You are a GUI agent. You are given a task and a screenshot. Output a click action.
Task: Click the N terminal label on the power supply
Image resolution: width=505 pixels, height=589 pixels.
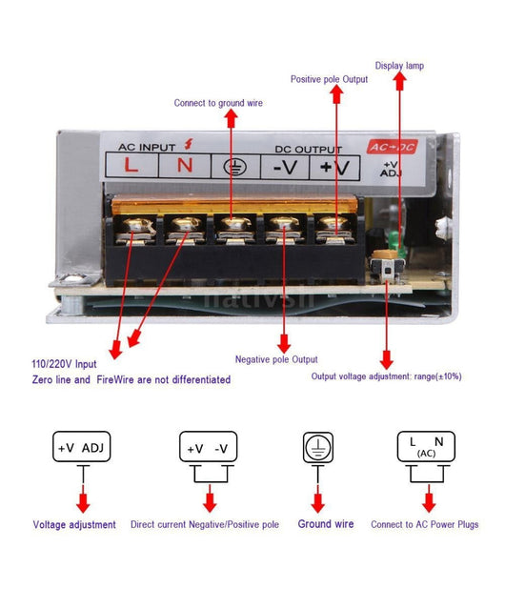(186, 166)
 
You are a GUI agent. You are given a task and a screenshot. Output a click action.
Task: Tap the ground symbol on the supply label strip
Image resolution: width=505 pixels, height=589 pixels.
(232, 167)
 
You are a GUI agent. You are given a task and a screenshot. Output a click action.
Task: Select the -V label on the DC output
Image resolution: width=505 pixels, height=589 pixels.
(285, 167)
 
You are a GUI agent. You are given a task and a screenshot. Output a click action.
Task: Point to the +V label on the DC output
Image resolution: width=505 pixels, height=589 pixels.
(333, 167)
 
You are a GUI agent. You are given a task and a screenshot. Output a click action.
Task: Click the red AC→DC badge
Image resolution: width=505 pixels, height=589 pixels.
(392, 147)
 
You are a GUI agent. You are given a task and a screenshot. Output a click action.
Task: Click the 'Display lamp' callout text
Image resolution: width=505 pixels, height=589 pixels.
(398, 66)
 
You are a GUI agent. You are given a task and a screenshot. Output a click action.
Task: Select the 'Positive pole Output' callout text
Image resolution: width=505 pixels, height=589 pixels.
(329, 79)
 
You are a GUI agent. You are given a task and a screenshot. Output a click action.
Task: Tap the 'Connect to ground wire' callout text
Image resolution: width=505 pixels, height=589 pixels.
(217, 103)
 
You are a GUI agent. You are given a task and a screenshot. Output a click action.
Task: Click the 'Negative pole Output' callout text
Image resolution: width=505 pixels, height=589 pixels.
(276, 359)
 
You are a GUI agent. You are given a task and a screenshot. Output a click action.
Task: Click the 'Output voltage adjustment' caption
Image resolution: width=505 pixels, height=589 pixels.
(386, 376)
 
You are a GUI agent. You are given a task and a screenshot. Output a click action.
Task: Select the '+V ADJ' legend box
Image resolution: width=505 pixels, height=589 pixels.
(83, 448)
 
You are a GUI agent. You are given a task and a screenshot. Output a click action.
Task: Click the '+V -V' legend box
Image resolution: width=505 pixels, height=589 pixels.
(207, 448)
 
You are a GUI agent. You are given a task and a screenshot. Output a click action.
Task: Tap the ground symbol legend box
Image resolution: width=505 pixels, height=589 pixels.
(317, 447)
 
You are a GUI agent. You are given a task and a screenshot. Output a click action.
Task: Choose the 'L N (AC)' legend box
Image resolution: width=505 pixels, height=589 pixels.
(425, 447)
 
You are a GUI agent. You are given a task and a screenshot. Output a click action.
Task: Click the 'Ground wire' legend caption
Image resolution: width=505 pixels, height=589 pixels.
(325, 524)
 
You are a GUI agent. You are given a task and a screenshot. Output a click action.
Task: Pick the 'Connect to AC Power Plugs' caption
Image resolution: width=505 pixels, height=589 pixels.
(425, 524)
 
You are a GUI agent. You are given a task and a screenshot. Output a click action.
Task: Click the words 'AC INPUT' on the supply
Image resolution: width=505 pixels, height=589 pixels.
(149, 147)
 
